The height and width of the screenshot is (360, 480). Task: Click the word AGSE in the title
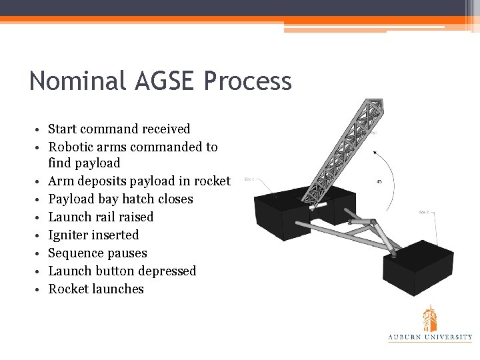159,81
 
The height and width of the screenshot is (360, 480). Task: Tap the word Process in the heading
248,81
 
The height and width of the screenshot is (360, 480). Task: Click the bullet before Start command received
40,130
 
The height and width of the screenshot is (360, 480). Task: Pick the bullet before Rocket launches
40,290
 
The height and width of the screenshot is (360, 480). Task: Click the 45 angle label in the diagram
379,182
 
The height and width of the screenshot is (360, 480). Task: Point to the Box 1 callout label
249,179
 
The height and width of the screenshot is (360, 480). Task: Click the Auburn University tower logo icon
430,318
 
